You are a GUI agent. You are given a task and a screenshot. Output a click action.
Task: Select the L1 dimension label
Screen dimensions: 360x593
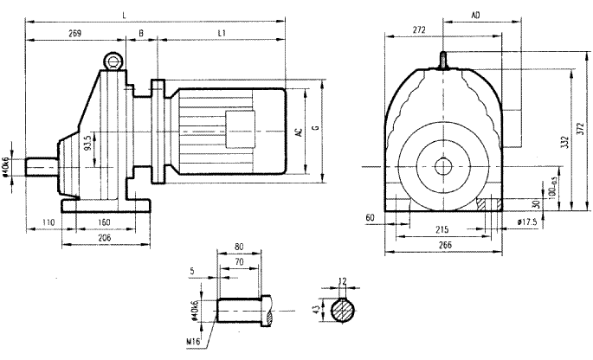[222, 33]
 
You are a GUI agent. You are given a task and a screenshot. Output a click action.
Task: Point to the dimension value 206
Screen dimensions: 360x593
[105, 236]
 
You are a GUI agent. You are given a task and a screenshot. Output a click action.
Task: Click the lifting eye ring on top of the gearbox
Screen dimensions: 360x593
[111, 60]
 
